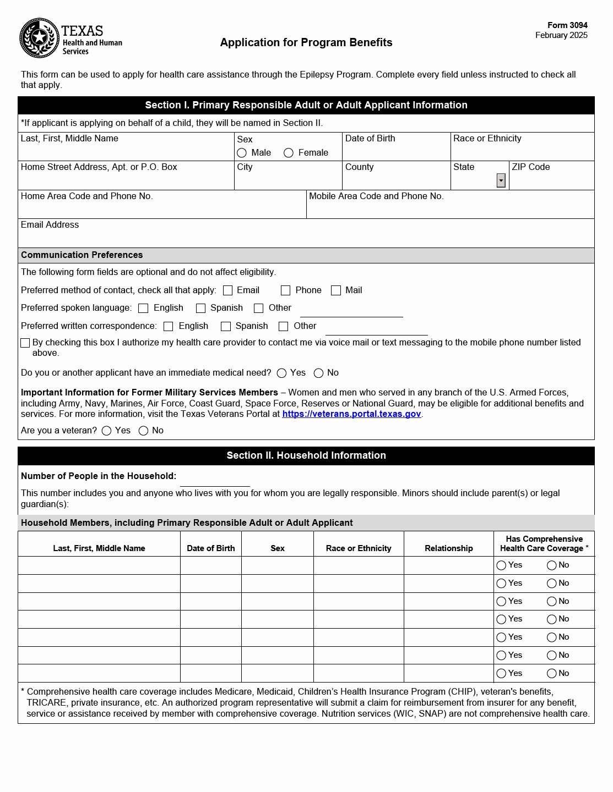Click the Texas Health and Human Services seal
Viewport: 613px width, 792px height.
click(39, 38)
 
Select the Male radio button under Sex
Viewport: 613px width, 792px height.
click(242, 153)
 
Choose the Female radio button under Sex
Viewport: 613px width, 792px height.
click(289, 153)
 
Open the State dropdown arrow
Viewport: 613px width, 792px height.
click(501, 180)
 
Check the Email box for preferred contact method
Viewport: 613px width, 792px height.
click(227, 290)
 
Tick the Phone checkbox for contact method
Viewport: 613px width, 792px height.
click(285, 290)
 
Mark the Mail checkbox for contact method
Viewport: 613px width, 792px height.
click(336, 290)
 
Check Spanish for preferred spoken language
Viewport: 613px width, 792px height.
click(201, 309)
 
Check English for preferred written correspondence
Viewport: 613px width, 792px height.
click(169, 327)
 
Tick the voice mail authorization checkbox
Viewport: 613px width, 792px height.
click(25, 343)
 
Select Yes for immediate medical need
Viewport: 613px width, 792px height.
click(282, 373)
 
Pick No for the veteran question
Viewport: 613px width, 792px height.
click(144, 431)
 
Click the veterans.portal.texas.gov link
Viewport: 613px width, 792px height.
click(351, 414)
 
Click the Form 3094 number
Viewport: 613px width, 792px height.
click(567, 25)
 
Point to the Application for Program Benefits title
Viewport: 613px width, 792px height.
click(306, 42)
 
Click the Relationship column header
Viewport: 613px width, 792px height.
click(449, 548)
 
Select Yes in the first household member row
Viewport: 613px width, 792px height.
click(501, 565)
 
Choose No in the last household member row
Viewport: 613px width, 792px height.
click(551, 674)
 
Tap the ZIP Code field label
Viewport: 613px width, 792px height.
click(531, 167)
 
